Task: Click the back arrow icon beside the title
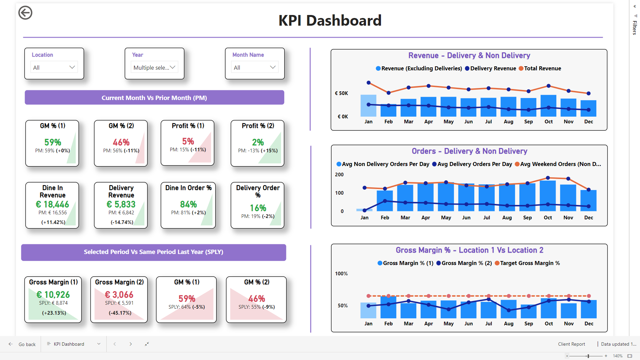pos(25,13)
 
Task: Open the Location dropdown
pos(54,67)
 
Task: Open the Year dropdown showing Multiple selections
pos(154,67)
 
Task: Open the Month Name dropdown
pos(255,67)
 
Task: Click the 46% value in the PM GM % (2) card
pos(121,142)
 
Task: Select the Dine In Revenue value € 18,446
pos(52,204)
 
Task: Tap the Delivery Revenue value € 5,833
pos(121,204)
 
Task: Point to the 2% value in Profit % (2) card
pos(258,142)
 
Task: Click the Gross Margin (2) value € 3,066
pos(119,295)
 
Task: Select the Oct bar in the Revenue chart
pos(548,106)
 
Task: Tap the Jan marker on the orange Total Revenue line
pos(368,83)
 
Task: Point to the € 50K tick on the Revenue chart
pos(341,93)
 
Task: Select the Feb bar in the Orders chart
pos(385,201)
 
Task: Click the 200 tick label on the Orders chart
pos(339,175)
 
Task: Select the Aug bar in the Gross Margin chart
pos(509,309)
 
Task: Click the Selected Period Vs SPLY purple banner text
pos(153,252)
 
